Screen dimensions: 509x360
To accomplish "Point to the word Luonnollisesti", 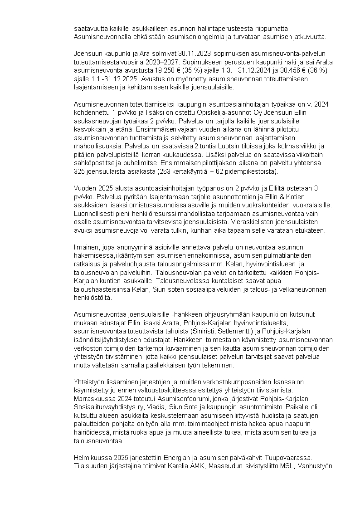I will [x=95, y=214].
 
